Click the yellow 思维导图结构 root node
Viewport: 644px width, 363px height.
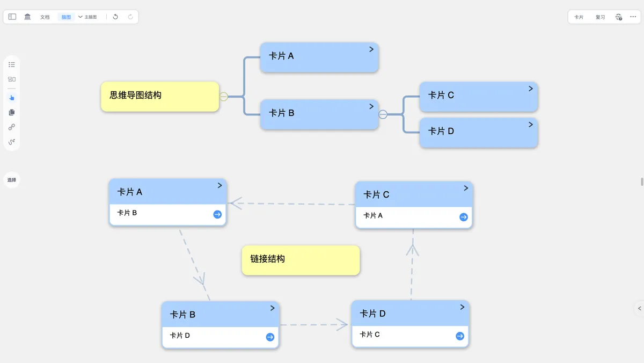point(160,96)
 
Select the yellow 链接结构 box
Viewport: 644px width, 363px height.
point(301,260)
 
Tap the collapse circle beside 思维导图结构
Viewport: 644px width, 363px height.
point(223,96)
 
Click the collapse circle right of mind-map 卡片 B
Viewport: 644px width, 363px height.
point(383,114)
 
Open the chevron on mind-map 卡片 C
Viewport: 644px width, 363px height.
point(531,89)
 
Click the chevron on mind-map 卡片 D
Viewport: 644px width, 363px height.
point(531,125)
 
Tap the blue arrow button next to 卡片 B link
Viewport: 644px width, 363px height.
point(217,214)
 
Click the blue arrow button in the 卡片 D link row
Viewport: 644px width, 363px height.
point(270,337)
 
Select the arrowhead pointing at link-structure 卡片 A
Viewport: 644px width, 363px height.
point(236,203)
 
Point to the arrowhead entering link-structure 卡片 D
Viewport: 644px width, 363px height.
point(342,325)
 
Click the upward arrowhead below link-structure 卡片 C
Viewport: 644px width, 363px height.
point(413,250)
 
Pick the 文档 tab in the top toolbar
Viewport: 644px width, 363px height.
point(45,17)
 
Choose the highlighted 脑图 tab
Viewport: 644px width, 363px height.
point(66,17)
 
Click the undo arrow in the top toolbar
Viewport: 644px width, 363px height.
point(115,17)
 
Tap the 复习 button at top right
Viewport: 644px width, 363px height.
point(600,17)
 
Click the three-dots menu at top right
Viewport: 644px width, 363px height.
point(633,17)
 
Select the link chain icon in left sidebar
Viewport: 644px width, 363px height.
point(12,127)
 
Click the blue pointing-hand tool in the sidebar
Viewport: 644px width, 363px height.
point(12,98)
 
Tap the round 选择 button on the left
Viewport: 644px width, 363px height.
point(12,180)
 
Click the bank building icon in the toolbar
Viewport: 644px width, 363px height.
point(27,17)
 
